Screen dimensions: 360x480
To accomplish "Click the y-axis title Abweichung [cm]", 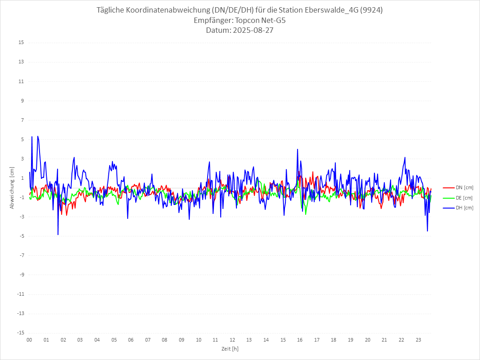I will click(x=12, y=188).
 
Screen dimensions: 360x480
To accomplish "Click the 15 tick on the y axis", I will click(x=21, y=43).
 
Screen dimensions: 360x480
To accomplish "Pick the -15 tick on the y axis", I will click(x=20, y=333).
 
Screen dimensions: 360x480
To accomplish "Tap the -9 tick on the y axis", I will click(x=21, y=275).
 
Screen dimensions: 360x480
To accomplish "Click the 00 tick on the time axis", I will click(x=29, y=340).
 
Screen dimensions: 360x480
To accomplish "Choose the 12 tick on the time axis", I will click(x=232, y=340).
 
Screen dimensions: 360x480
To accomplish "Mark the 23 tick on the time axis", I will click(x=418, y=340).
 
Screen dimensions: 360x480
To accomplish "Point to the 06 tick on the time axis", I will click(x=131, y=340).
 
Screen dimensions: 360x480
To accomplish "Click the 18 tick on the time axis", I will click(x=334, y=340).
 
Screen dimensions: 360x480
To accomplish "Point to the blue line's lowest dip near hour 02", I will click(x=58, y=235).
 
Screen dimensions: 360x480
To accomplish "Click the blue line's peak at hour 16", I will click(x=298, y=149).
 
